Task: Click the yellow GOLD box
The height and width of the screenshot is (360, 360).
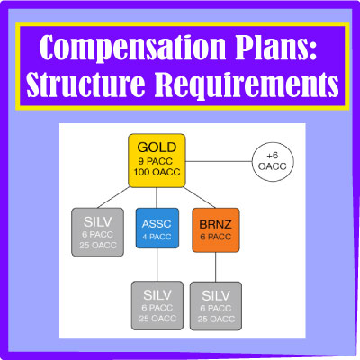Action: [x=157, y=161]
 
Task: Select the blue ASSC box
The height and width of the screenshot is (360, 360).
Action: [x=157, y=229]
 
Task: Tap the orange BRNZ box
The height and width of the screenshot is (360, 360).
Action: [x=216, y=230]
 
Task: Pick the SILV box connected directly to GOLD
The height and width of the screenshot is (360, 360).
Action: [x=97, y=232]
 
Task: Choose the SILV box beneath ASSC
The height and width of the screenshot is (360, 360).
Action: [x=157, y=305]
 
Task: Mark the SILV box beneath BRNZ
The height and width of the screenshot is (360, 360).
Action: [x=216, y=306]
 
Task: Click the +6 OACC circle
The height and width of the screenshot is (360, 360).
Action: [x=273, y=162]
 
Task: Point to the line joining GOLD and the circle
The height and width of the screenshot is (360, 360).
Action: [x=219, y=161]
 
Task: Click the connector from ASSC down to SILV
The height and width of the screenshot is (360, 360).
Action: [x=157, y=265]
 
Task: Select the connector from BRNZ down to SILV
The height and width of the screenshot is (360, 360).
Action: [x=216, y=267]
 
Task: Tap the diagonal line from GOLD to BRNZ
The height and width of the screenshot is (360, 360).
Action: [x=200, y=198]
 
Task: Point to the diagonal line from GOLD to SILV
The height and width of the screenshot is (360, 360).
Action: [x=113, y=197]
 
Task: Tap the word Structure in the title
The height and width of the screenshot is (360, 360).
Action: [x=85, y=83]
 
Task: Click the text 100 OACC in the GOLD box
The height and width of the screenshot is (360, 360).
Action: [x=157, y=172]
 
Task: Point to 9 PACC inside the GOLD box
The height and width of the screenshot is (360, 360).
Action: [x=156, y=161]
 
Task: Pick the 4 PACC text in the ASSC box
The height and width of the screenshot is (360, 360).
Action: [x=157, y=237]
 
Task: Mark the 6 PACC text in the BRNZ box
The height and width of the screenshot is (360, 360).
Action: [x=216, y=237]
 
